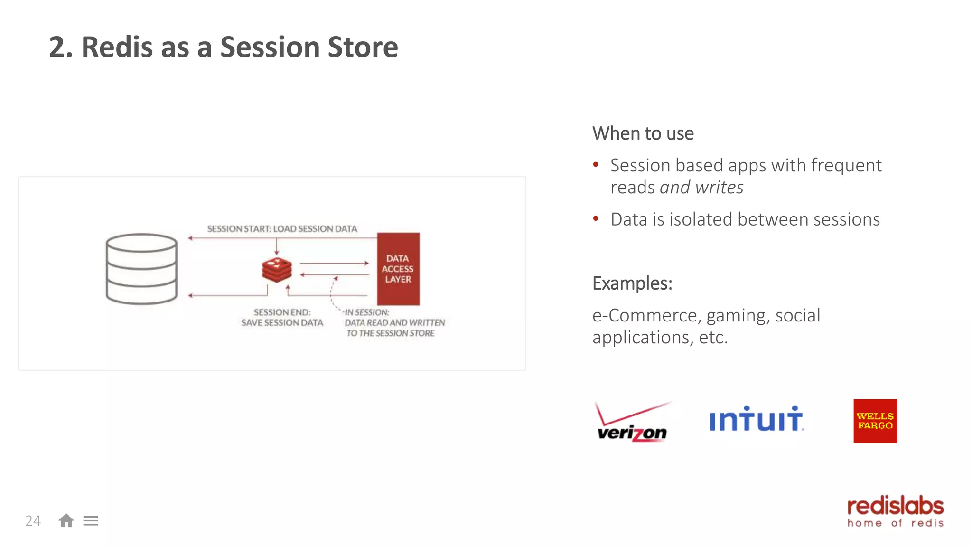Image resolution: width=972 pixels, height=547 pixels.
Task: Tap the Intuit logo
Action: (756, 419)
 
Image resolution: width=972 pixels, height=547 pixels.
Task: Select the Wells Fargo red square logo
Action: (875, 421)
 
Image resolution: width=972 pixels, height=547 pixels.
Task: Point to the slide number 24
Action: (33, 521)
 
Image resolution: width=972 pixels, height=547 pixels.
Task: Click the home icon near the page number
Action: (66, 520)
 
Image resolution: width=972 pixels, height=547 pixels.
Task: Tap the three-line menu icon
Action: (91, 521)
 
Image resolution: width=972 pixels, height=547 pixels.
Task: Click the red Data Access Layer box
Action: (398, 269)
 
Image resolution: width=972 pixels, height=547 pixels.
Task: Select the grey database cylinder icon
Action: (141, 269)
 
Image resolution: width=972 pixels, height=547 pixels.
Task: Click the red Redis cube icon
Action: (277, 270)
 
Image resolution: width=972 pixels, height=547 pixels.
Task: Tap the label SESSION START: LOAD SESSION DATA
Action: (282, 229)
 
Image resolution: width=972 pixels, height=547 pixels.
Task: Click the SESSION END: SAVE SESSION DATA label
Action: (282, 318)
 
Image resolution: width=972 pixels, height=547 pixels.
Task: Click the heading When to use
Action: (643, 133)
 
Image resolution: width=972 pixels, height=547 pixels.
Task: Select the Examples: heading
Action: (632, 283)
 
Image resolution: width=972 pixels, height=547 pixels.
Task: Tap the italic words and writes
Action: (701, 188)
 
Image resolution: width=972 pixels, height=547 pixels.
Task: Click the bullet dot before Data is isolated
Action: (596, 219)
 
